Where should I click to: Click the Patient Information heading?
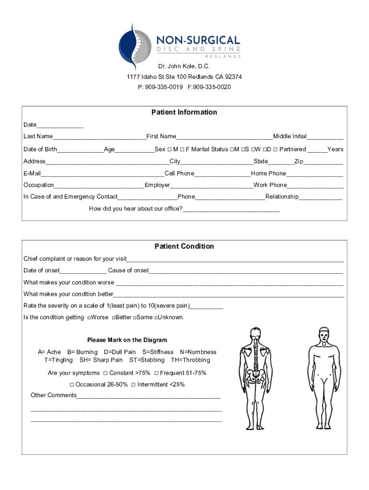click(184, 112)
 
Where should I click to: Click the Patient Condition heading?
click(184, 246)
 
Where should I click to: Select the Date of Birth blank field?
click(81, 150)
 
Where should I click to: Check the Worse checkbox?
click(89, 318)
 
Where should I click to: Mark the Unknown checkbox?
click(155, 318)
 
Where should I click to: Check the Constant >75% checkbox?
click(105, 373)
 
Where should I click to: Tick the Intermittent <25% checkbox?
click(133, 385)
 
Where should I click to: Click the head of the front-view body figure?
click(324, 334)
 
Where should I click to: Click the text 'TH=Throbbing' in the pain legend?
click(190, 360)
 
